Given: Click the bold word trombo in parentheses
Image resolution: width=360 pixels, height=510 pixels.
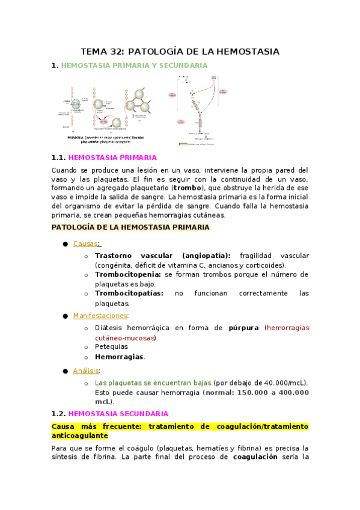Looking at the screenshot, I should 188,188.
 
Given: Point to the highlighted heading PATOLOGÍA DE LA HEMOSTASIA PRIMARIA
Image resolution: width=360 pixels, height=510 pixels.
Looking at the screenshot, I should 130,227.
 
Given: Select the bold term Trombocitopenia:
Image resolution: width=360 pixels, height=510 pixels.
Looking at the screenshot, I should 128,275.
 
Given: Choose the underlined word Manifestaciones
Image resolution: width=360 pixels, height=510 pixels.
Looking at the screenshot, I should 100,316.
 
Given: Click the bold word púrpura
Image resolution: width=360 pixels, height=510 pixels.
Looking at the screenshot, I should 243,328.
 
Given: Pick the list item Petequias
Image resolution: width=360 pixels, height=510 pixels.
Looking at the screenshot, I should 111,347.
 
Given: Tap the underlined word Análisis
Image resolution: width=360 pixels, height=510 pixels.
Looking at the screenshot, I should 86,371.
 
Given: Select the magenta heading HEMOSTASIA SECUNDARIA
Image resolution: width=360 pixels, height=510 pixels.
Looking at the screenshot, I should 118,414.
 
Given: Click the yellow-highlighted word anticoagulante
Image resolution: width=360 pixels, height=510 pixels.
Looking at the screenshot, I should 80,435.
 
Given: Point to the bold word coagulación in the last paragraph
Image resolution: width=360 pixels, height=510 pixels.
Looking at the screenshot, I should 255,457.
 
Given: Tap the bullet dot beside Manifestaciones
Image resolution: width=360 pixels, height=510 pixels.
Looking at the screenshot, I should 65,316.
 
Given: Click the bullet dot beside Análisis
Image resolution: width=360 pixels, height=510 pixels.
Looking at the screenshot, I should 65,371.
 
